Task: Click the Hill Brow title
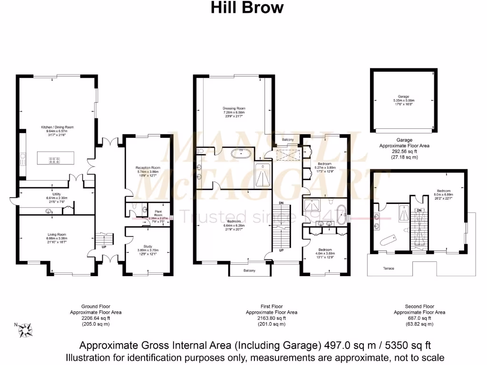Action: click(247, 8)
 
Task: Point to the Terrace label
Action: click(389, 269)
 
